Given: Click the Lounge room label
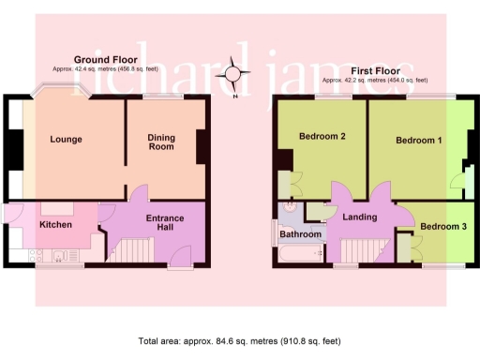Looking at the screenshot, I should (66, 140).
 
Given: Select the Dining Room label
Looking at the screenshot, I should (161, 142).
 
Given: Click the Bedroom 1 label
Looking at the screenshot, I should (418, 141).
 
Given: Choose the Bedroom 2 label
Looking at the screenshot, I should (322, 137).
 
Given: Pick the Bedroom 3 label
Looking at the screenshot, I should (442, 227).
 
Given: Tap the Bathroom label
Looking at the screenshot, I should (300, 233).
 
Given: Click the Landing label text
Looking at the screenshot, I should (360, 217).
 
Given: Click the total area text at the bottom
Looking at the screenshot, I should (239, 341).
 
